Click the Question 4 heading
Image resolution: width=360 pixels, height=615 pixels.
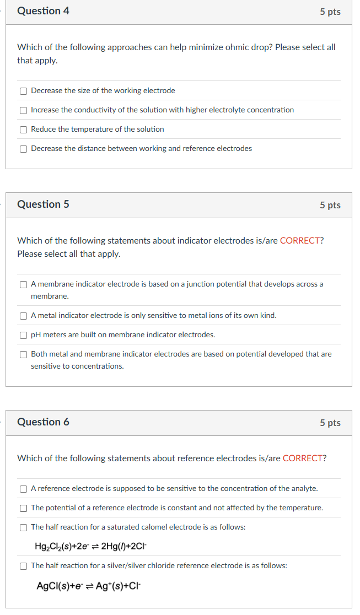43,11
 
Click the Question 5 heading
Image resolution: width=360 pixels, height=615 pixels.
43,204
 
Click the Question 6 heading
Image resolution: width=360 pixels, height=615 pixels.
43,422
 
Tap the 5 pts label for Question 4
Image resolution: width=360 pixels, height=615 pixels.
330,12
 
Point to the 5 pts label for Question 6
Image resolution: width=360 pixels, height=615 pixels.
330,423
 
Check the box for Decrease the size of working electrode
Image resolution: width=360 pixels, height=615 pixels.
23,91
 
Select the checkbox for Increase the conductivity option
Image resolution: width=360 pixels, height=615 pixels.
23,110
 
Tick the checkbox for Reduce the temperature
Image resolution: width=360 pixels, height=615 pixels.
23,130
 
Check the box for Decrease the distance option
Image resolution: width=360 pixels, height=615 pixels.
23,149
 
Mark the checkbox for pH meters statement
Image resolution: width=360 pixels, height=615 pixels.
23,335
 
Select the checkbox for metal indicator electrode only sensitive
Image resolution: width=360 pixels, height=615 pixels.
23,316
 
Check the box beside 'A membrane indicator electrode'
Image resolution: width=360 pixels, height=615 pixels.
23,284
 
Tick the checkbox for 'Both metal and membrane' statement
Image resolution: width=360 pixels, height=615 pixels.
23,354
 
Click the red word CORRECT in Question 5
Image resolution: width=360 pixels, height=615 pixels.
300,241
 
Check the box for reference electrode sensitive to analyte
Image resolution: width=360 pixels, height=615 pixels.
23,489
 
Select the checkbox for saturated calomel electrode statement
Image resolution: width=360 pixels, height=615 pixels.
23,527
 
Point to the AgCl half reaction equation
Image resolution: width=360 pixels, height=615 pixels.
88,585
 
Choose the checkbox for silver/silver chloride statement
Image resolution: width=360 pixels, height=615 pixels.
23,566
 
